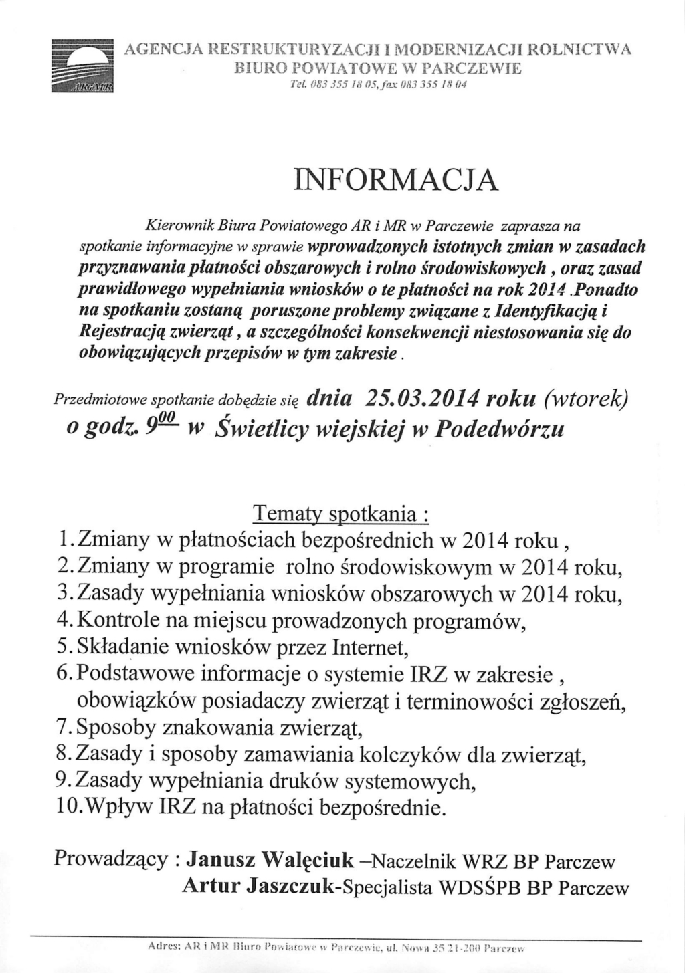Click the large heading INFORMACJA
pos(397,181)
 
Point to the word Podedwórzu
pos(500,427)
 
